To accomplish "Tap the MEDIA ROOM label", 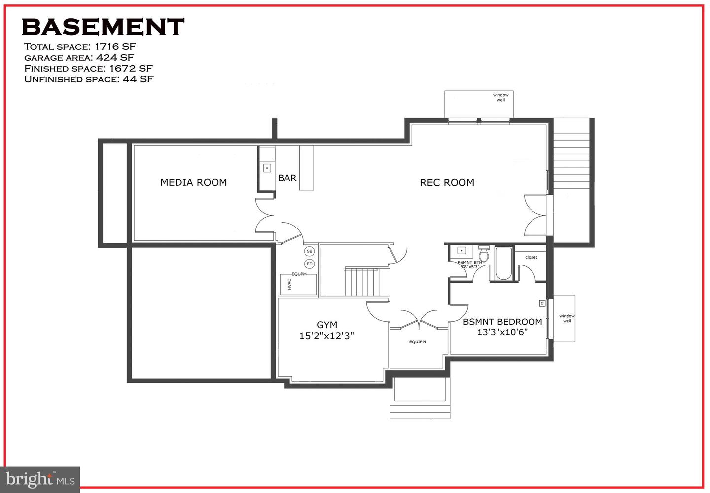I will [193, 182].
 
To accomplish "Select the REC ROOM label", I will [447, 183].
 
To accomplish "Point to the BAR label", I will [287, 178].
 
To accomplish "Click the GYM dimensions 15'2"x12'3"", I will [326, 336].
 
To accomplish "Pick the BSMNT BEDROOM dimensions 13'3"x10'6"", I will [502, 332].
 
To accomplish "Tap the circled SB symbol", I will [309, 251].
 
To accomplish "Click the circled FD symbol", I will [309, 264].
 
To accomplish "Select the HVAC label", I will [289, 285].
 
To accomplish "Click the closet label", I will [531, 257].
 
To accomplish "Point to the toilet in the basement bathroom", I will [484, 254].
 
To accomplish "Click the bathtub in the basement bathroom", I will [503, 264].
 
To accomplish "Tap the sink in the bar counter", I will [267, 168].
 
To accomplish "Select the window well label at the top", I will [500, 97].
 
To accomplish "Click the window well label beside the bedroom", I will [567, 318].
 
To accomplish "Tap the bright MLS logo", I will [40, 480].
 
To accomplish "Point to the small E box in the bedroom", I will [542, 303].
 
